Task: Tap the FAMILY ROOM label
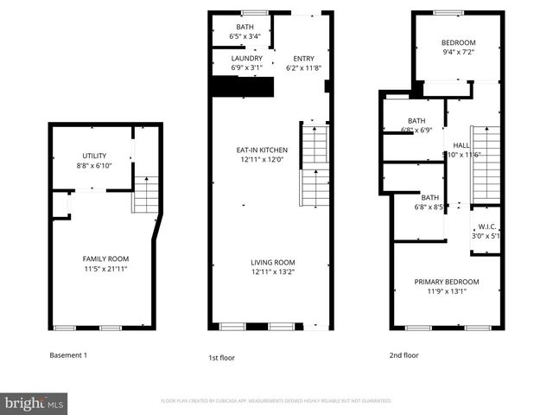[105, 259]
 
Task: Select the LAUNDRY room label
[246, 58]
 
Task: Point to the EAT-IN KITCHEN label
[262, 150]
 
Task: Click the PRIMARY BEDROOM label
[446, 282]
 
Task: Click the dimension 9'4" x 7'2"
[459, 51]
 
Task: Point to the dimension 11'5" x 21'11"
[105, 269]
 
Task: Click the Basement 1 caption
[67, 355]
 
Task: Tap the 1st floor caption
[221, 357]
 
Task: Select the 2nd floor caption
[404, 355]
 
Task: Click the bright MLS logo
[35, 403]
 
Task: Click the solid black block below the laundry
[242, 87]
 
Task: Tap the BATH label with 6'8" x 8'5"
[429, 197]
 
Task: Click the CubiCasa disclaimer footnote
[276, 401]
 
